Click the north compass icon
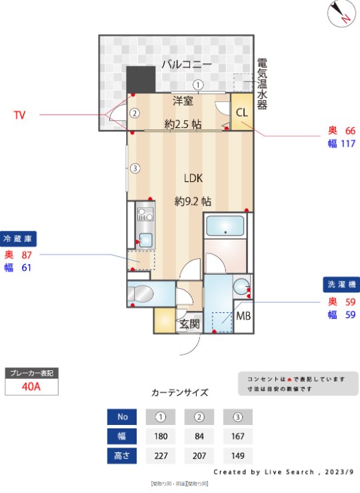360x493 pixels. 342,13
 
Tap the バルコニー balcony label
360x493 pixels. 186,65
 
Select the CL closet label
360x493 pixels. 241,112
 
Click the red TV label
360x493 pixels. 19,115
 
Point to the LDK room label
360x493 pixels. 193,178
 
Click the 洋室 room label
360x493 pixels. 183,101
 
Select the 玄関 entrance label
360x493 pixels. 189,324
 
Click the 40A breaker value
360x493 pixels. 31,386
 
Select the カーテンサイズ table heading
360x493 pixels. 180,392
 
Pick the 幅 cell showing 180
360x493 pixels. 161,436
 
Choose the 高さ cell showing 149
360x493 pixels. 238,456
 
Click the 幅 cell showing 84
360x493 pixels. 199,436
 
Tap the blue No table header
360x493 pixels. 122,417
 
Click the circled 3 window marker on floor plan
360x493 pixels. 135,168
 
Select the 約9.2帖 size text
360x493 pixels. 193,201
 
